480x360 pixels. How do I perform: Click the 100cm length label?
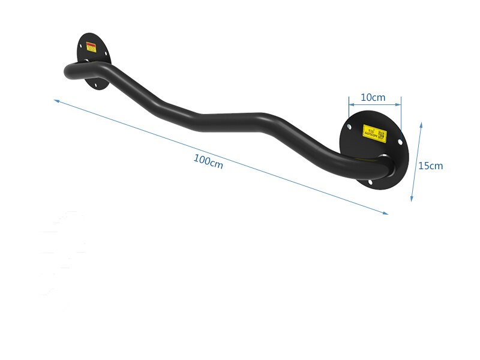[x=208, y=161]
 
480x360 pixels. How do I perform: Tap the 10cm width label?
[x=373, y=97]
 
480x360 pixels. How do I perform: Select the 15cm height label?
[x=431, y=166]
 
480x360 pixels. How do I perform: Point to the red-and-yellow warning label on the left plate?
[x=92, y=46]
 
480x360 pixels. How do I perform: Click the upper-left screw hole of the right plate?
[x=349, y=126]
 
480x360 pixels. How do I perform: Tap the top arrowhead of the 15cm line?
[x=421, y=125]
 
